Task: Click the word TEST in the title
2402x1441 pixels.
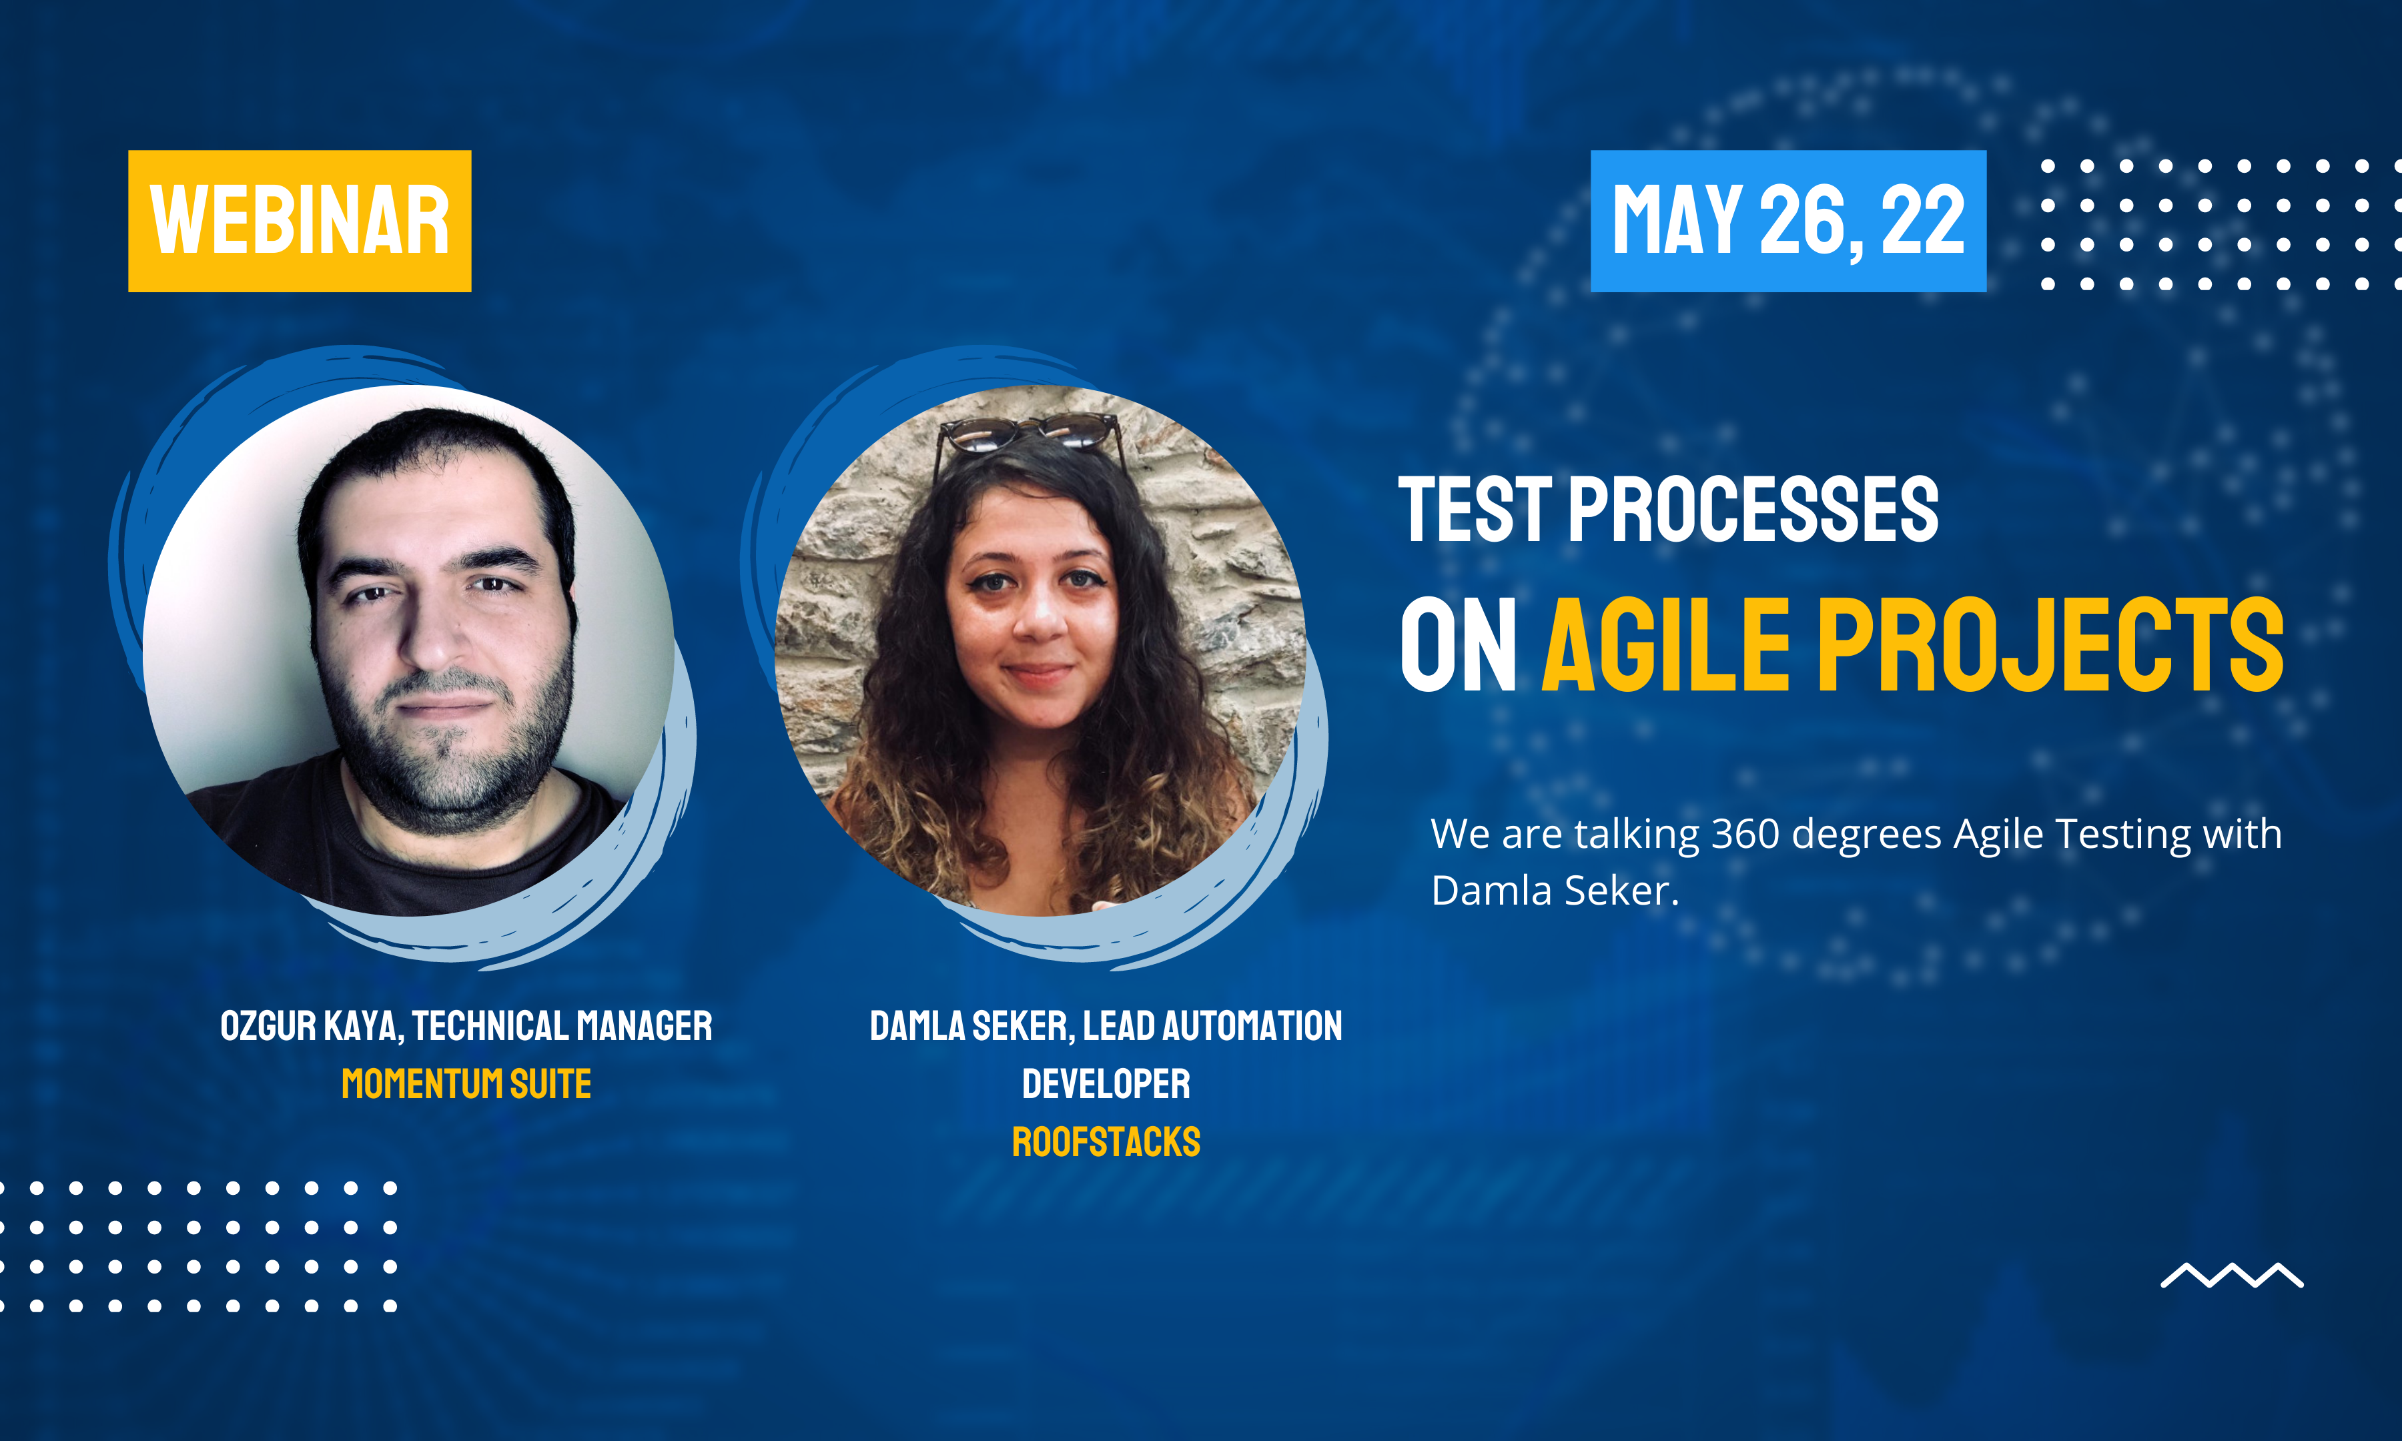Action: point(1475,510)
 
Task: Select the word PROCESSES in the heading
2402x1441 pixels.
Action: point(1753,510)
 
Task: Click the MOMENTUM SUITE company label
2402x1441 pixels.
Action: point(466,1083)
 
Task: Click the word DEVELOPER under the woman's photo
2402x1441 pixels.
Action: point(1106,1083)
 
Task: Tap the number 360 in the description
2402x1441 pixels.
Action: point(1745,834)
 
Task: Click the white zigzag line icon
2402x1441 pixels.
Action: point(2232,1275)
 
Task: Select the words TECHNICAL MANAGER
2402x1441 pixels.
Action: point(562,1026)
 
